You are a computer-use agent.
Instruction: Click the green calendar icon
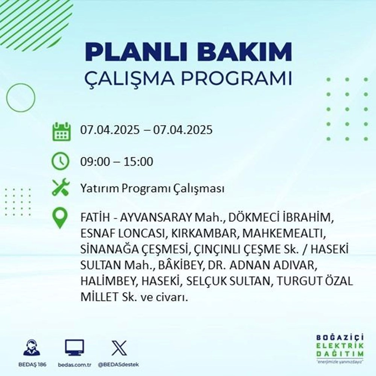click(x=61, y=131)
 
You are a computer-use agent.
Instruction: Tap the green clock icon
click(x=60, y=162)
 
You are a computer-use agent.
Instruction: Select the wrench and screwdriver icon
click(x=60, y=188)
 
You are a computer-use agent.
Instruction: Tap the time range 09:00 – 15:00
click(x=117, y=162)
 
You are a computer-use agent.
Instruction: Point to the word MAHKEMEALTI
click(x=284, y=233)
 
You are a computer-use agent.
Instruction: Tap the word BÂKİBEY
click(x=175, y=265)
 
